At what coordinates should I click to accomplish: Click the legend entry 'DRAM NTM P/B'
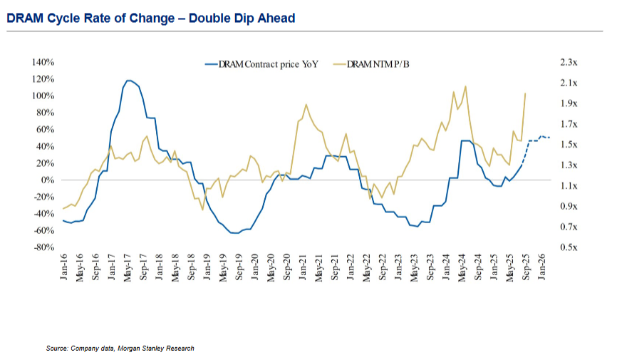(378, 64)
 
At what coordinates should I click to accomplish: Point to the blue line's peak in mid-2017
(128, 81)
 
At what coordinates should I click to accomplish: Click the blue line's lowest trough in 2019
(233, 232)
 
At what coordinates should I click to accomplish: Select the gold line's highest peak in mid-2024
(465, 86)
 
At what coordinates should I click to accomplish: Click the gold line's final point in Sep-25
(525, 93)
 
